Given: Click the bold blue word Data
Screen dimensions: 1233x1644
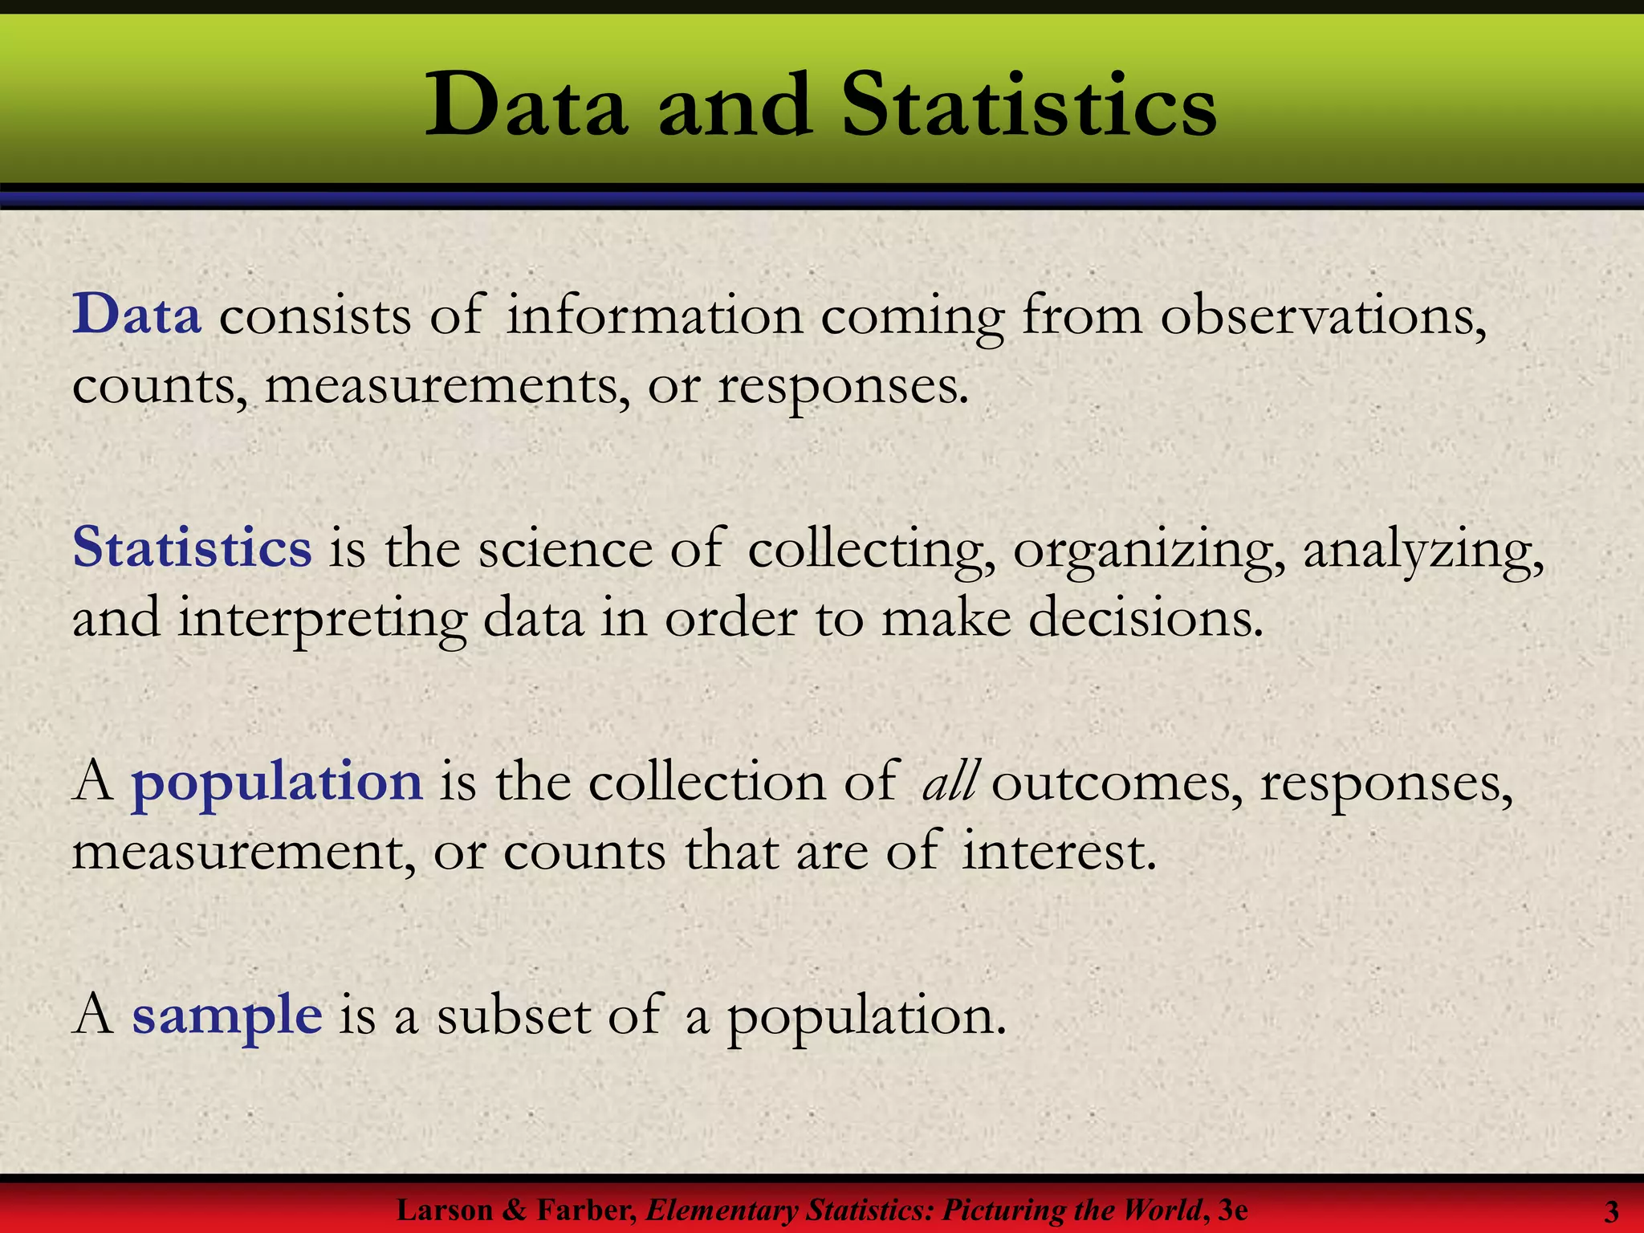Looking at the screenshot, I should pos(136,315).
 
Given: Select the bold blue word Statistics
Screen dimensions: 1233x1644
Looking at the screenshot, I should pos(192,548).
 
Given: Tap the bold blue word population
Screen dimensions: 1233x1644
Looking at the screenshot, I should pos(277,781).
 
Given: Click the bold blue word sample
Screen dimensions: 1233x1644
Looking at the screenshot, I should pos(227,1015).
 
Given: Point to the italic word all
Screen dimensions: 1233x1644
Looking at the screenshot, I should pos(950,781).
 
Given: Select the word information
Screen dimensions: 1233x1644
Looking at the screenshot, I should pos(654,315).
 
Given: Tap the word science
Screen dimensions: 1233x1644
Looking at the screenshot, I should pos(565,549).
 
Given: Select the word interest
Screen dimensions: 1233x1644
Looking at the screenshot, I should pos(1060,851).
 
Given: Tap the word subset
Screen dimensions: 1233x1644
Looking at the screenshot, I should pos(513,1015).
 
